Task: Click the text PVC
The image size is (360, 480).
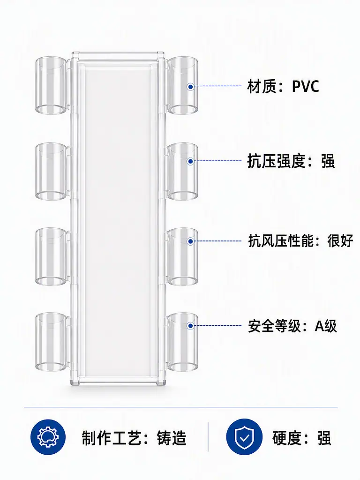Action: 305,86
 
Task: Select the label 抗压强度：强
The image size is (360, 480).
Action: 291,161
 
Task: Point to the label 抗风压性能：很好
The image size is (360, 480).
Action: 300,241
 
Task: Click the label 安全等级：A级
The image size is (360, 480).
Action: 292,326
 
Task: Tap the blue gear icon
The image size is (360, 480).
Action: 48,437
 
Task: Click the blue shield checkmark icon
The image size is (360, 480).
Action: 244,437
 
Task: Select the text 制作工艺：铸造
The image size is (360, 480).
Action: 134,438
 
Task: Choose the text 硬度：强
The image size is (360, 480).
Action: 302,438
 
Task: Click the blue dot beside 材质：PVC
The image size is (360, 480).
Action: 190,87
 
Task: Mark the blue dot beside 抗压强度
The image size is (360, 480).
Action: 190,161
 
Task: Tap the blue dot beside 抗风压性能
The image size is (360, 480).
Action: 190,241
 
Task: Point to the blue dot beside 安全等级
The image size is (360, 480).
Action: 190,326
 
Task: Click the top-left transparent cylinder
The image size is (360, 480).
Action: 51,85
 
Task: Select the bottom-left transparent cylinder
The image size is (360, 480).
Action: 51,342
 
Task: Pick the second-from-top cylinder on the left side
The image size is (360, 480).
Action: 51,172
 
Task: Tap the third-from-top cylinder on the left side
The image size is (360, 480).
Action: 51,256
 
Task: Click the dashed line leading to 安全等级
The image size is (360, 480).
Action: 218,326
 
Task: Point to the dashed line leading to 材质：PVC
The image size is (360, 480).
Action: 218,86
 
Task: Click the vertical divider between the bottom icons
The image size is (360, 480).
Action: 208,437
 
